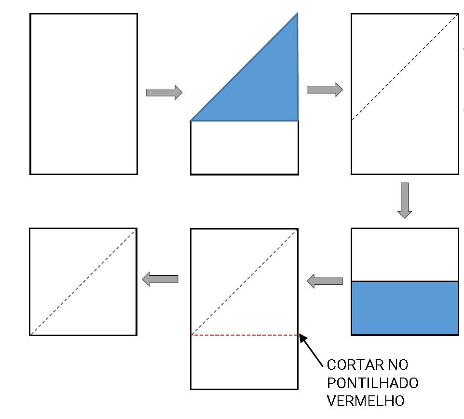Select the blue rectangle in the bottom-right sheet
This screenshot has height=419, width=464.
(x=405, y=308)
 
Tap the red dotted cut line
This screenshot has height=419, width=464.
(x=244, y=335)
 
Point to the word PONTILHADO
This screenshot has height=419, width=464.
(x=372, y=383)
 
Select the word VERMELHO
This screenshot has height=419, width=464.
(x=366, y=401)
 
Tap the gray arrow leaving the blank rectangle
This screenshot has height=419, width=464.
(x=164, y=92)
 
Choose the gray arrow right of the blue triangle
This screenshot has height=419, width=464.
(x=325, y=89)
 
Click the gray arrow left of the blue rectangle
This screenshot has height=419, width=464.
(x=325, y=281)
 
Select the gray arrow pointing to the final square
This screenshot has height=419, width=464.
(x=160, y=279)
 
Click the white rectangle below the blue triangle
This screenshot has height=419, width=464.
(x=244, y=148)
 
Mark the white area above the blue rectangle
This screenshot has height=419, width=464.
(x=405, y=255)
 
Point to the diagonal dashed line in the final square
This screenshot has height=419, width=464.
(x=83, y=282)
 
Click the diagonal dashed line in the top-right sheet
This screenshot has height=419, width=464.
(x=404, y=68)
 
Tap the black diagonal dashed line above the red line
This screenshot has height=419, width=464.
(x=244, y=282)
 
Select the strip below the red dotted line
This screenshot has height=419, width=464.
(x=244, y=362)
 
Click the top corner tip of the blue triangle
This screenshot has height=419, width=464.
(x=297, y=14)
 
